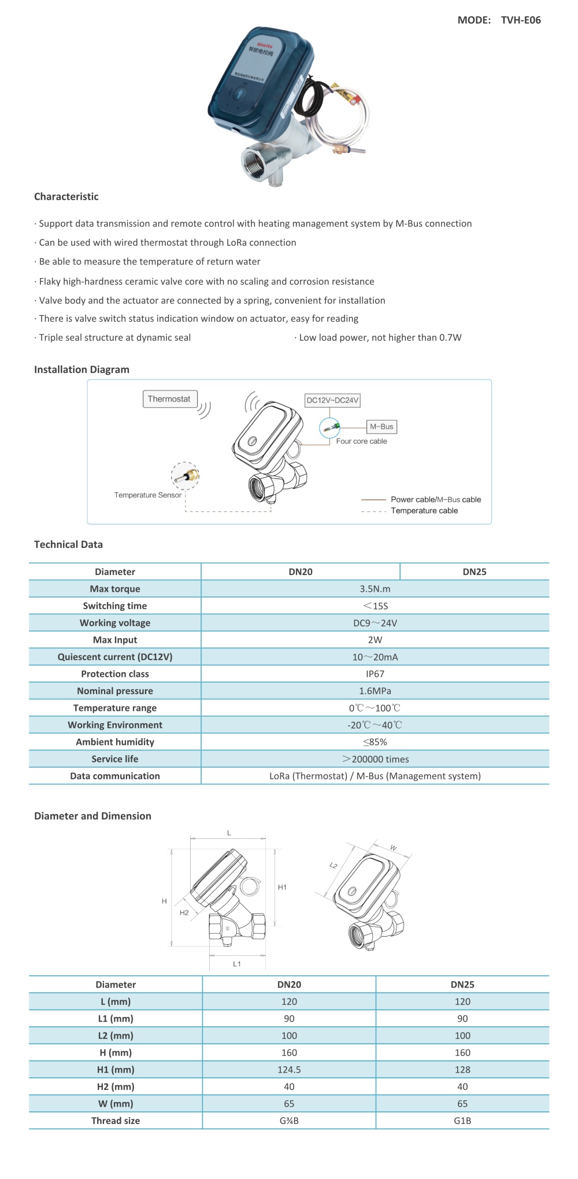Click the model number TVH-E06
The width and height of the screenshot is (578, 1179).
coord(520,20)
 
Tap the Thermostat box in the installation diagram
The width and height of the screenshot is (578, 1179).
coord(169,399)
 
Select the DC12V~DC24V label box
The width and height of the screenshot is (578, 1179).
coord(332,400)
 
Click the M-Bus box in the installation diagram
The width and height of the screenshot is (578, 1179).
coord(381,427)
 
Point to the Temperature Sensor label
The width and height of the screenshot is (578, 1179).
coord(147,495)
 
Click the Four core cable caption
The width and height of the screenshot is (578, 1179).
coord(361,441)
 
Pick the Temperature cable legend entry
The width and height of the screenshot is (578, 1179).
coord(424,511)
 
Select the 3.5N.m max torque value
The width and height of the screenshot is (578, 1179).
coord(375,589)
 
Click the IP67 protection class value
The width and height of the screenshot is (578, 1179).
coord(375,674)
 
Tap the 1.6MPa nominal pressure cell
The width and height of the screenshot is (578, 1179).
coord(375,691)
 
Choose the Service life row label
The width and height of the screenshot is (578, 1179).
coord(115,759)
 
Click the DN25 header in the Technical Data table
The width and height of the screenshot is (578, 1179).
coord(474,572)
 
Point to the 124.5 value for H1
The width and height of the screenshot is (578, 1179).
coord(289,1070)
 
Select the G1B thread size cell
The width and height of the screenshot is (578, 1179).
coord(462,1121)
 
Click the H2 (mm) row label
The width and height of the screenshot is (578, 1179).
coord(116,1086)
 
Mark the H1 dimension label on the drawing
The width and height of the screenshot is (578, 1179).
coord(282,887)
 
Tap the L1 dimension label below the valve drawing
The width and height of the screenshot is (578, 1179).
coord(237,964)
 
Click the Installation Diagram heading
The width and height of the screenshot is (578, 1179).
coord(81,370)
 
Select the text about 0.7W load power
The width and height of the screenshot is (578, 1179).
coord(380,338)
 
